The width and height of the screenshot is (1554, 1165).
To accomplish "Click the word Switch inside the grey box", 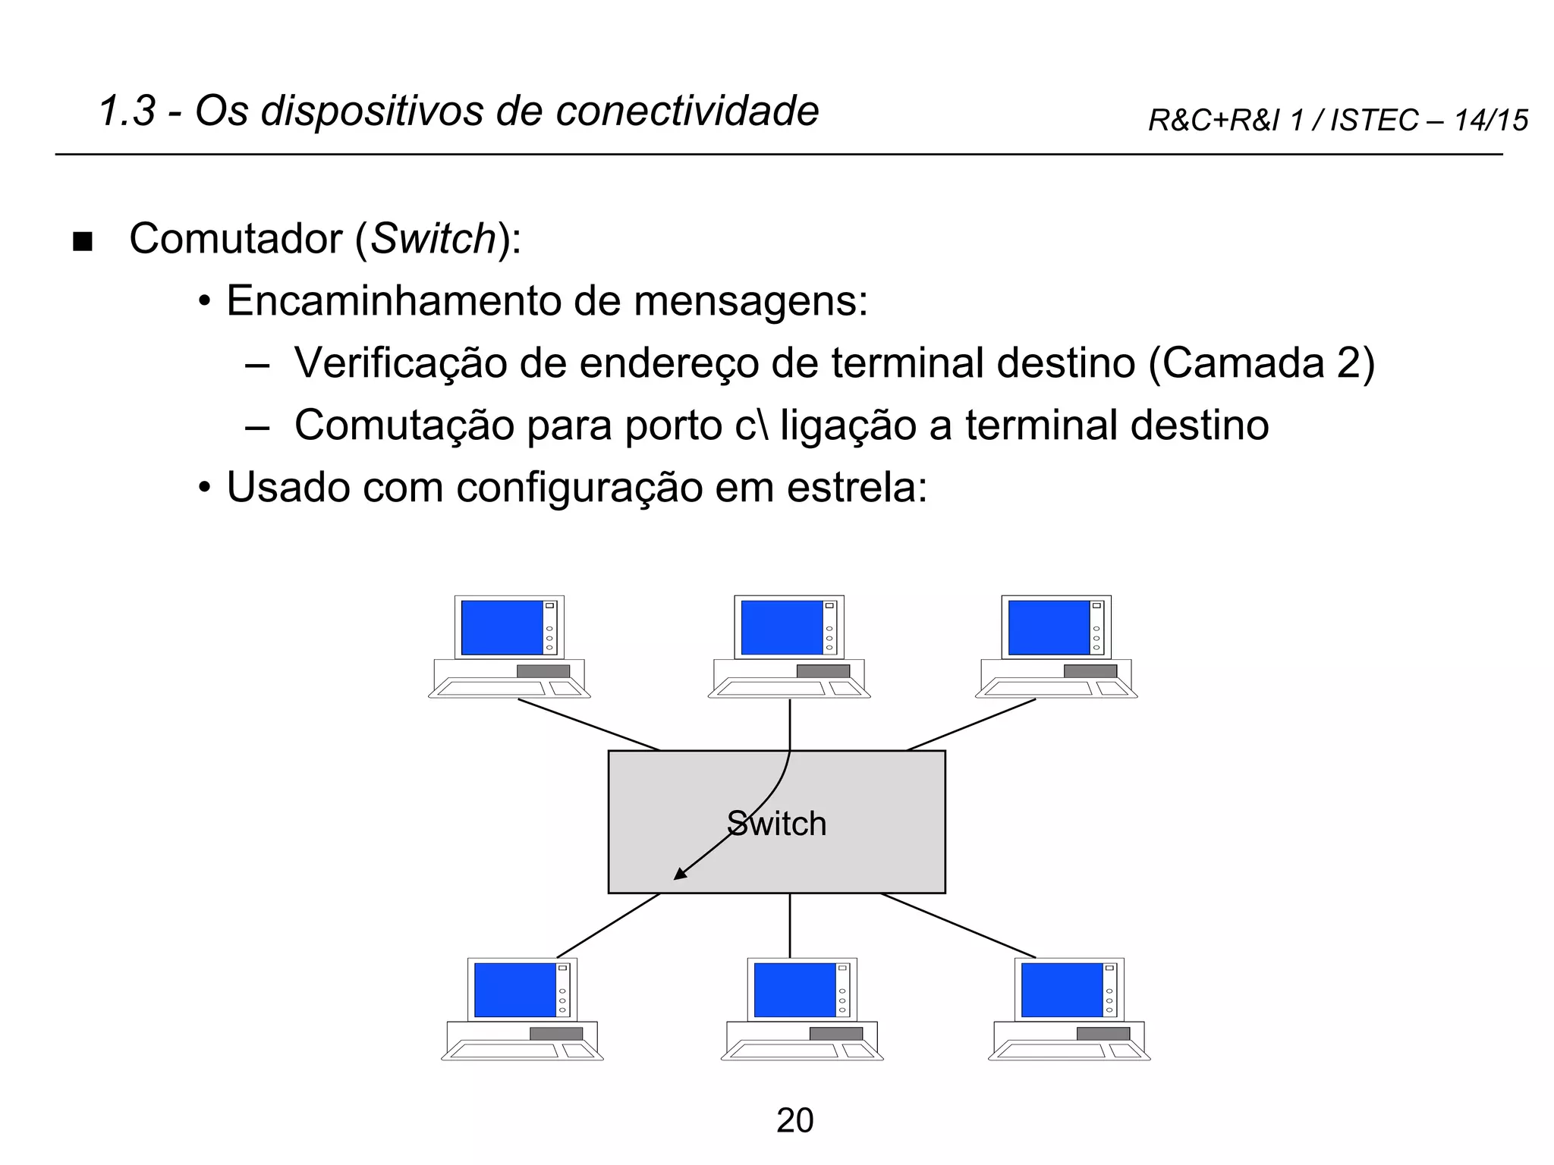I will click(x=776, y=824).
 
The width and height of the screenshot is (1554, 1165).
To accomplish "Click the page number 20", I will click(x=794, y=1120).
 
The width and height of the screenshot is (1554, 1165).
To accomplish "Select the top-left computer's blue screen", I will click(x=502, y=627).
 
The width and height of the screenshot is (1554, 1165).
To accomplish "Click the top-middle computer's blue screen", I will click(x=782, y=627).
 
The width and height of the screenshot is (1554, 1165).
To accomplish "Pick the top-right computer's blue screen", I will click(x=1049, y=627).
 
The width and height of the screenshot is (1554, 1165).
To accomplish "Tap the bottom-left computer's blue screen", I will click(x=514, y=990).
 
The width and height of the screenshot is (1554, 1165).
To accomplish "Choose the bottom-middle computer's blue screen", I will click(x=794, y=990).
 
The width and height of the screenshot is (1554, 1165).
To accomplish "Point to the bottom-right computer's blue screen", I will click(x=1062, y=990).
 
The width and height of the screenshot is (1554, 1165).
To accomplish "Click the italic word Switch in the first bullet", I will click(x=433, y=239).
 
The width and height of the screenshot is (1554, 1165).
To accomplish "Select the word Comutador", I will click(x=236, y=239).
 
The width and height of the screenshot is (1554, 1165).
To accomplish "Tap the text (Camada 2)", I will click(x=1261, y=363).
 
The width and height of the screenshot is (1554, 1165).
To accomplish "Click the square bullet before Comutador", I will click(x=82, y=243).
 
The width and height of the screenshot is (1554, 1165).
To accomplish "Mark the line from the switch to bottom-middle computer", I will click(x=790, y=925).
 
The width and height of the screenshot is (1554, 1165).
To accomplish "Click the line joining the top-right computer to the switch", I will click(x=971, y=724).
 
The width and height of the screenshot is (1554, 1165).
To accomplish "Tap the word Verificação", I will click(x=401, y=363).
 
